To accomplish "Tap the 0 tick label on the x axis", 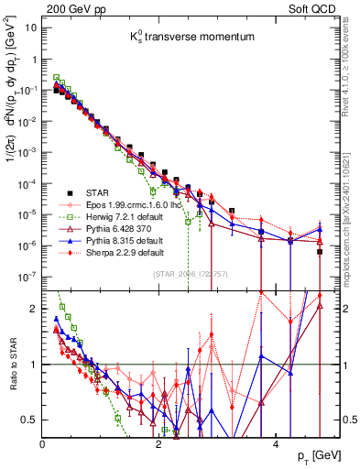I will (42, 443).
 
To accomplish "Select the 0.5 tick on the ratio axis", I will (29, 420).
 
